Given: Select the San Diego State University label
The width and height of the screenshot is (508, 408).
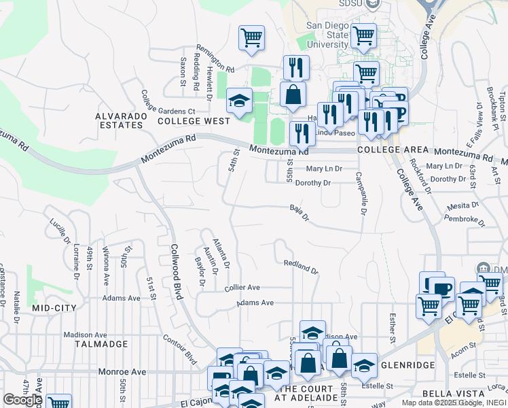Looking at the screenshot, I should click(x=327, y=35).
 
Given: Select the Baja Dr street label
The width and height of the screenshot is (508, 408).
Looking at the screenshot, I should click(x=300, y=213).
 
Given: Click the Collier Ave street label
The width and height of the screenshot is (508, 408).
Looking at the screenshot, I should click(x=242, y=288).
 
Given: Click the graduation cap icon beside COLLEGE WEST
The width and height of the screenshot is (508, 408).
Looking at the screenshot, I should click(x=239, y=101).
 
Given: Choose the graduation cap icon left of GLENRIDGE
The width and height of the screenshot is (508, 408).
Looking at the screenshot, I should click(x=364, y=366).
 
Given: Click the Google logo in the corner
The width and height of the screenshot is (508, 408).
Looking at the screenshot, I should click(x=22, y=400).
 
